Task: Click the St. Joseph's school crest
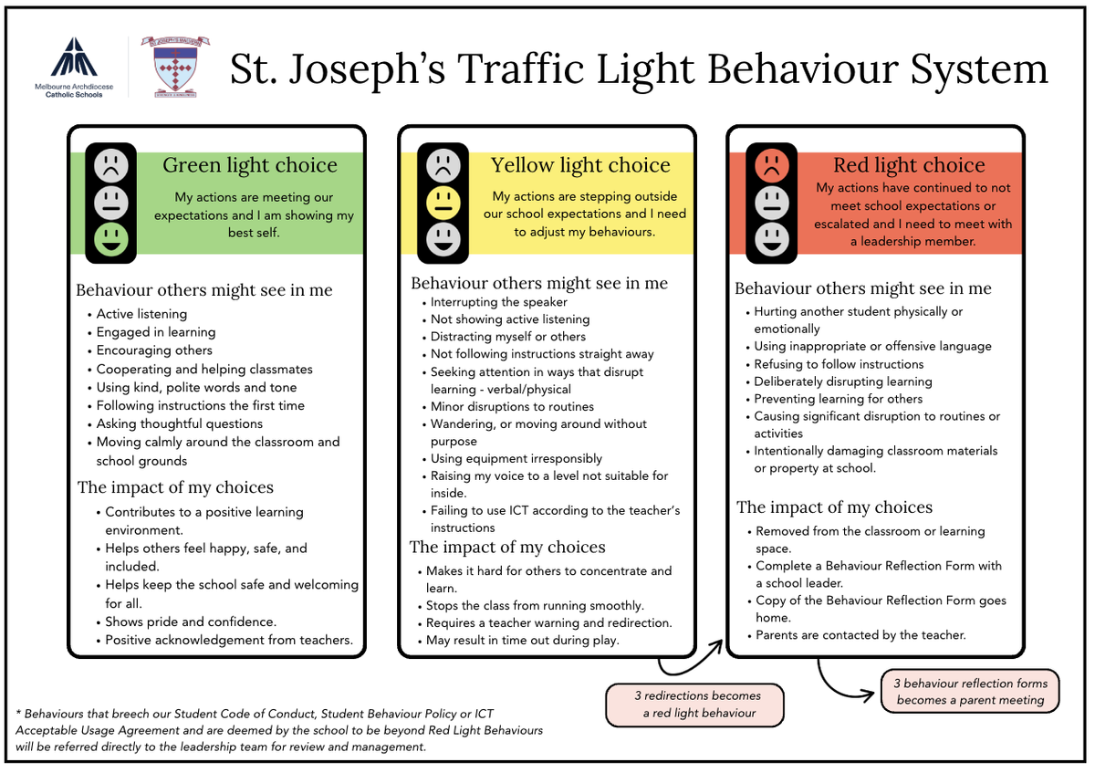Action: (x=176, y=68)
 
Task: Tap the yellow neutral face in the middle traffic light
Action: (x=443, y=203)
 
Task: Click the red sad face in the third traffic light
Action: (x=772, y=165)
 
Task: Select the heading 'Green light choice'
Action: (x=249, y=165)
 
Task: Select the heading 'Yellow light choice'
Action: (x=580, y=165)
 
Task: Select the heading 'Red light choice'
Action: (x=909, y=165)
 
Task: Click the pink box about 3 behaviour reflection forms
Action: (x=970, y=691)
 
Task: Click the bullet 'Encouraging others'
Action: (x=154, y=350)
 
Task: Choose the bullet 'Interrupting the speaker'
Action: (x=498, y=302)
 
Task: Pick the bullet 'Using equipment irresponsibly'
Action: (x=516, y=459)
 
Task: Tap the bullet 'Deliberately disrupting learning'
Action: (x=842, y=381)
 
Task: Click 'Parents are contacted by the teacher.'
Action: (x=860, y=634)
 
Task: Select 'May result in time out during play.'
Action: (x=522, y=640)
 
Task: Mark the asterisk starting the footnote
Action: (x=19, y=713)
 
